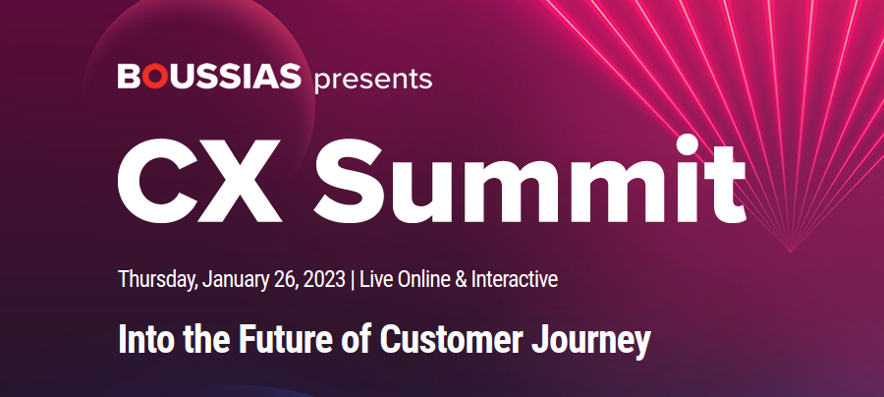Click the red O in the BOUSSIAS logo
pos(153,76)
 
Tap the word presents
pos(373,80)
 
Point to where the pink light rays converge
pos(790,251)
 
